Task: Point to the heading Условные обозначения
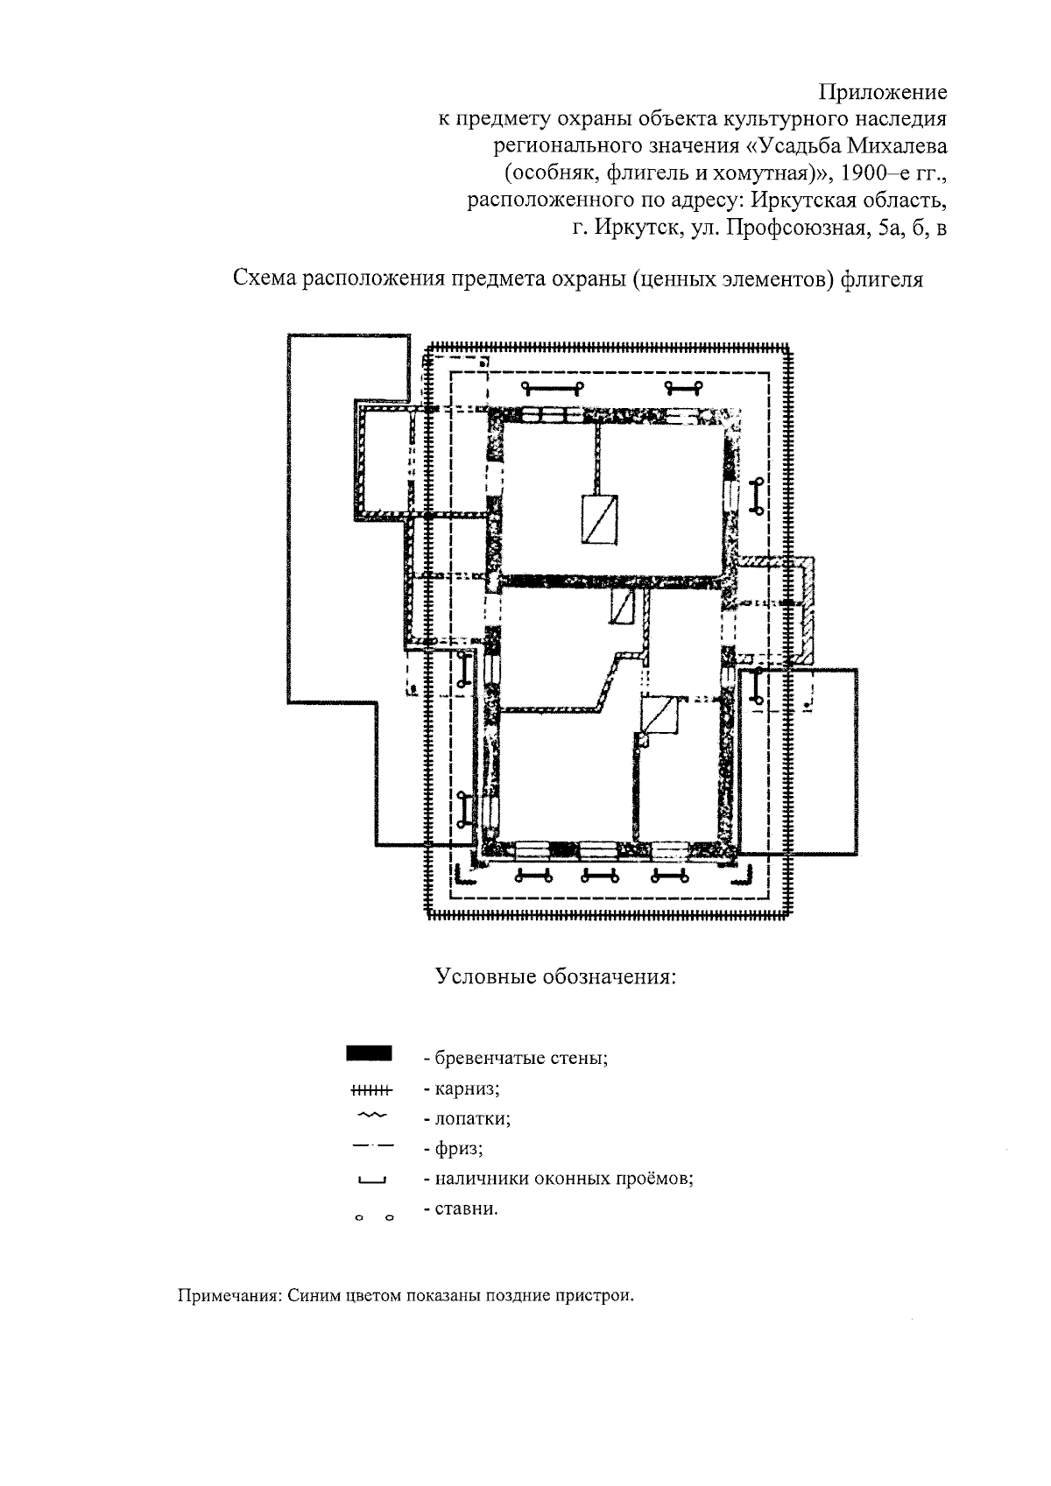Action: click(556, 975)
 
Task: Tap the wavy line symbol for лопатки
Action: click(371, 1116)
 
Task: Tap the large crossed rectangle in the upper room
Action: click(601, 519)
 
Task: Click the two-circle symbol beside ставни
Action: click(374, 1217)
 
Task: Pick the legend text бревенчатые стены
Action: click(516, 1058)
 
